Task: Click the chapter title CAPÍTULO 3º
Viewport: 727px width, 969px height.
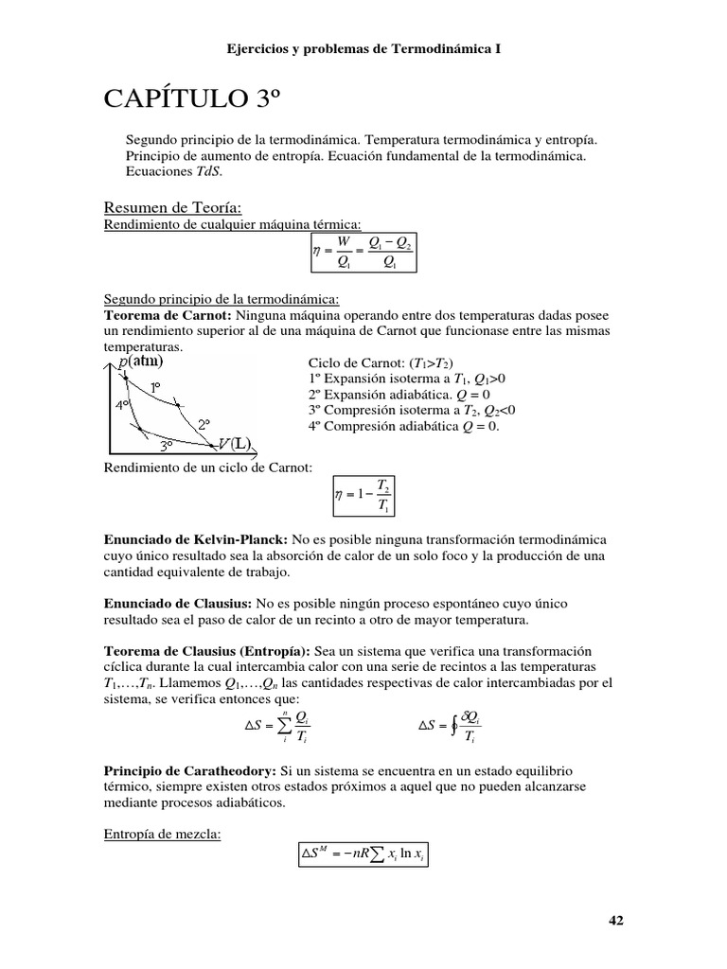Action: point(193,98)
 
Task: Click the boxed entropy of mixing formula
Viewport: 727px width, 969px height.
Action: point(363,854)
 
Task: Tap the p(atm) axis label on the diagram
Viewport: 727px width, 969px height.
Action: point(140,361)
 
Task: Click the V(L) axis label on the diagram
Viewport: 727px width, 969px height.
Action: point(234,443)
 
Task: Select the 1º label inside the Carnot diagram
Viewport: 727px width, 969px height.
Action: point(155,387)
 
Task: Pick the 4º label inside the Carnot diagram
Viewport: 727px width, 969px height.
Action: point(122,404)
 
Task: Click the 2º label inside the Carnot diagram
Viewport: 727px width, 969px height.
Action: point(204,425)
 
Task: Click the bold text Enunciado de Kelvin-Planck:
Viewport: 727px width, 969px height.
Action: point(189,537)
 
